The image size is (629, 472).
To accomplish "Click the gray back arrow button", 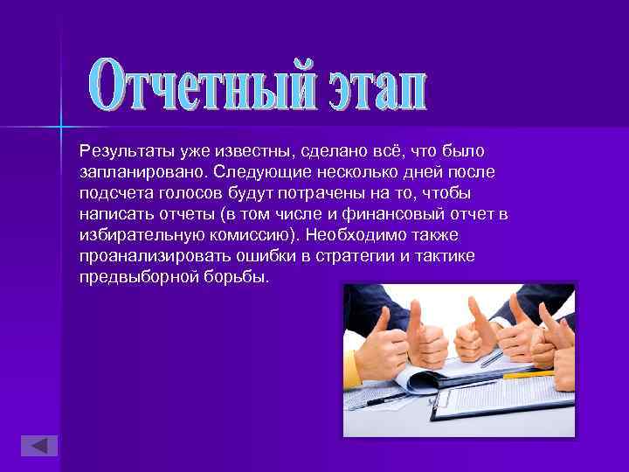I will pyautogui.click(x=38, y=444).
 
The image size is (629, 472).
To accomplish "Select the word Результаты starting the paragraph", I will pyautogui.click(x=123, y=153).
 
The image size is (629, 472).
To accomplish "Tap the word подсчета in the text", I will pyautogui.click(x=111, y=193).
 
